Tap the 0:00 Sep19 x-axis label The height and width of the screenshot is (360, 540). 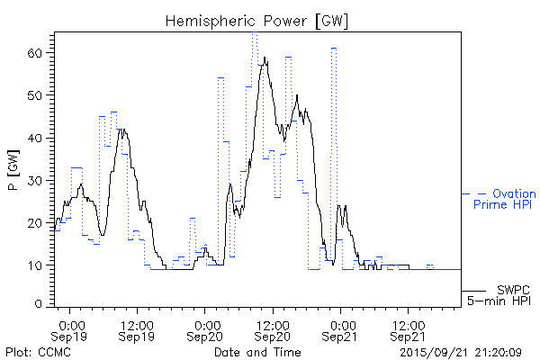coord(71,329)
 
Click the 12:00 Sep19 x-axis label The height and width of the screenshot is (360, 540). coord(139,329)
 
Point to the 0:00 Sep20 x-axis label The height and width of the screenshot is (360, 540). coord(206,329)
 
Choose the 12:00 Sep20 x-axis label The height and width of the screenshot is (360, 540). coord(274,329)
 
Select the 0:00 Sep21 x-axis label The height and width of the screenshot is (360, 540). coord(341,329)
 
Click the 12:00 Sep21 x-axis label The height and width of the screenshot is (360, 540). coord(409,329)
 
